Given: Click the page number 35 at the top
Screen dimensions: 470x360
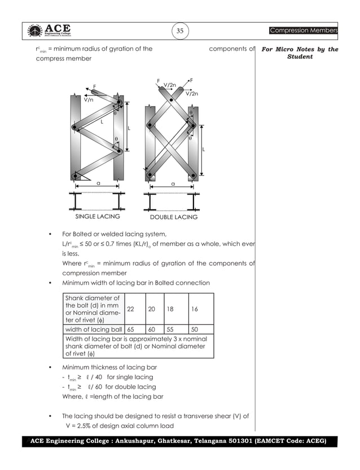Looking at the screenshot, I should click(x=179, y=31).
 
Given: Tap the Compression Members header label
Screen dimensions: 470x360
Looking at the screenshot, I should click(x=303, y=30).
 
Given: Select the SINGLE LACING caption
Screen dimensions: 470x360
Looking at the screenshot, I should click(x=98, y=217).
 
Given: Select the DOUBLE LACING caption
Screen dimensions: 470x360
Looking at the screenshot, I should click(x=173, y=217).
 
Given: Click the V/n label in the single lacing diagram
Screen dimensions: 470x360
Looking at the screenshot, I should click(x=89, y=99).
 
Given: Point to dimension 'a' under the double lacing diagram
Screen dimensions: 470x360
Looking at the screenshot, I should click(x=173, y=183).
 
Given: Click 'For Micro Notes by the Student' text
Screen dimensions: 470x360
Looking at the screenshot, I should click(x=300, y=53).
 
